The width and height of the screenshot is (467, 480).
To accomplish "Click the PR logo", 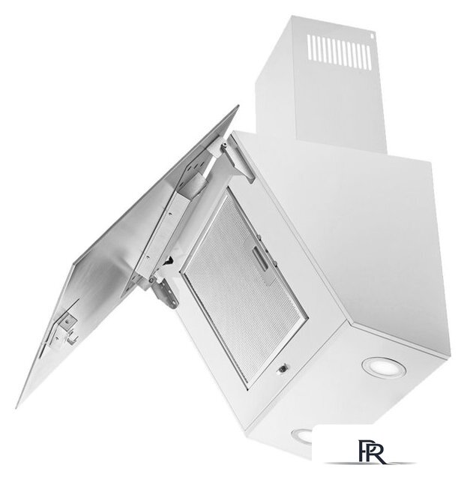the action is (371, 451).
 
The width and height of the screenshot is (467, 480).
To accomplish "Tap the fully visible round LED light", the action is (384, 367).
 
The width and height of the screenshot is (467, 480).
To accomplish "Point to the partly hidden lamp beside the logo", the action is (302, 435).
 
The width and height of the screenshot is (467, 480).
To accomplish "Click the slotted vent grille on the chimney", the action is (340, 51).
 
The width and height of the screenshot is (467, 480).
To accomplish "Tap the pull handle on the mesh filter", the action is (260, 259).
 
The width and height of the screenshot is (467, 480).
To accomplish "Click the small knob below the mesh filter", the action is (283, 369).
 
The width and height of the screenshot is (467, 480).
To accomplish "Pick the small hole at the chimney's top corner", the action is (373, 35).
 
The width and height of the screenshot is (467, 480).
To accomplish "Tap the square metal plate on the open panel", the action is (68, 322).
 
